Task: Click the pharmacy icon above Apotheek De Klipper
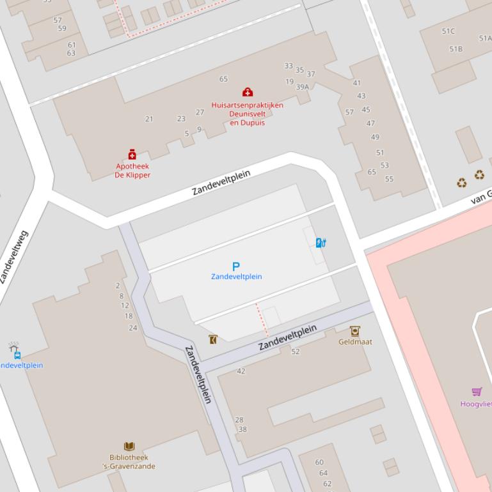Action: point(132,154)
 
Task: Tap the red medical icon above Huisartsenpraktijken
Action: point(247,93)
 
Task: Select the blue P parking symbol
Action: point(236,266)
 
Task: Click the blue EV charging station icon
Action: point(321,242)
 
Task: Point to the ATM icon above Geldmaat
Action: point(354,330)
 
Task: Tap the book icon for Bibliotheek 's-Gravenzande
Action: point(129,446)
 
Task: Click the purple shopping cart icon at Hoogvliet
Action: point(477,391)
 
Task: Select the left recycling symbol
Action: point(461,183)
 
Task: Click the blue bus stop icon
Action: point(17,355)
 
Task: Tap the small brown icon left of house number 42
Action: point(213,339)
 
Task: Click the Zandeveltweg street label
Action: point(15,257)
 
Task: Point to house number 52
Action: point(295,351)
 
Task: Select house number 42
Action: point(241,371)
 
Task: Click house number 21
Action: point(149,119)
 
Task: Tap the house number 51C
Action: point(448,31)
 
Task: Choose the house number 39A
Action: point(302,87)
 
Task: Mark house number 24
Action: point(133,328)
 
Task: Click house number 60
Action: point(319,462)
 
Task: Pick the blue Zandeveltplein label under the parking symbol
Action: point(236,277)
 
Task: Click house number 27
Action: point(200,112)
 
